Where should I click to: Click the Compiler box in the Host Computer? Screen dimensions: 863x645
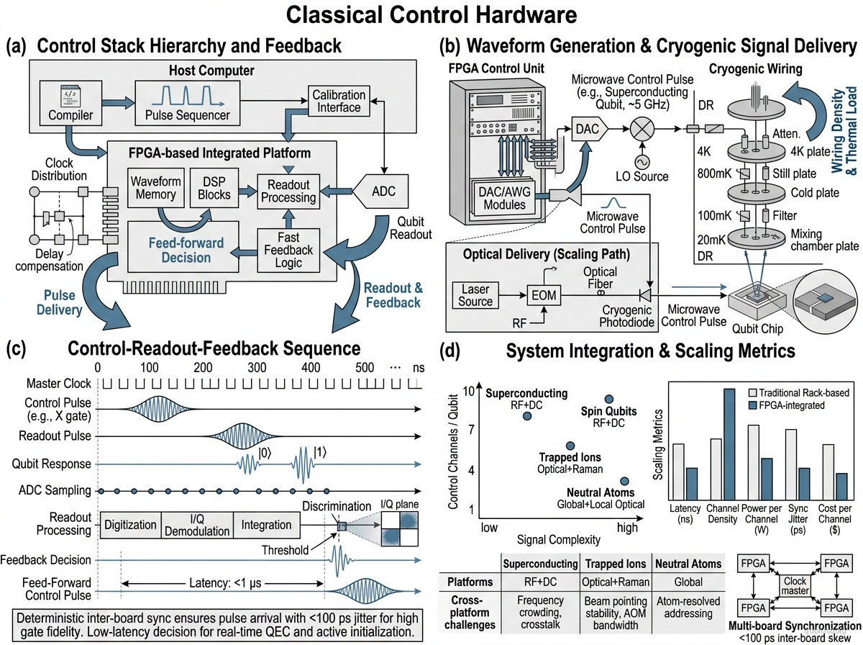click(x=70, y=103)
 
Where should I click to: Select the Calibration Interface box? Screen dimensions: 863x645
click(x=339, y=101)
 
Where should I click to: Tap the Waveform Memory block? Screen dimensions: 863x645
click(x=155, y=188)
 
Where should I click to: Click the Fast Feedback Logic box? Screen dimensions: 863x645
click(x=288, y=251)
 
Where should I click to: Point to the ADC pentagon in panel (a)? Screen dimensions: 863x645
click(x=380, y=191)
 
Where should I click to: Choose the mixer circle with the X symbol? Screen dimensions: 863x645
click(x=642, y=129)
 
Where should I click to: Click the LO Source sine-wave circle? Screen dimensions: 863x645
click(x=642, y=162)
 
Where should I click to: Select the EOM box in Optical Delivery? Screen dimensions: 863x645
click(x=544, y=295)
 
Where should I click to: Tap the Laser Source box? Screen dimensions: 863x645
click(x=475, y=295)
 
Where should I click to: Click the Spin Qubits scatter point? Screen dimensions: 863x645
click(x=608, y=399)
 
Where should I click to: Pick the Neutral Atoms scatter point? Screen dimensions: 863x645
click(x=624, y=481)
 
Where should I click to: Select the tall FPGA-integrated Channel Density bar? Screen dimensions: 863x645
click(x=729, y=444)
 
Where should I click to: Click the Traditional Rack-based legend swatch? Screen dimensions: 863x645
click(x=752, y=393)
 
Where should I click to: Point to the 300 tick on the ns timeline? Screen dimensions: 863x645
click(x=257, y=368)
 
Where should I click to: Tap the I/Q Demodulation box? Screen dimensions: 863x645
click(x=197, y=525)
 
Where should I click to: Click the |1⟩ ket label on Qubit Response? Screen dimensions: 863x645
click(x=320, y=453)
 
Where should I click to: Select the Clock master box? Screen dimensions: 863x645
click(x=795, y=585)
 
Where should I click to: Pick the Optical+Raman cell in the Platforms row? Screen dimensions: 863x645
click(x=616, y=582)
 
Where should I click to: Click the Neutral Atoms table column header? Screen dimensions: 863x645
click(x=688, y=564)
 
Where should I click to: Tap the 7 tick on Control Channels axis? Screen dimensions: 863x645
click(x=471, y=429)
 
